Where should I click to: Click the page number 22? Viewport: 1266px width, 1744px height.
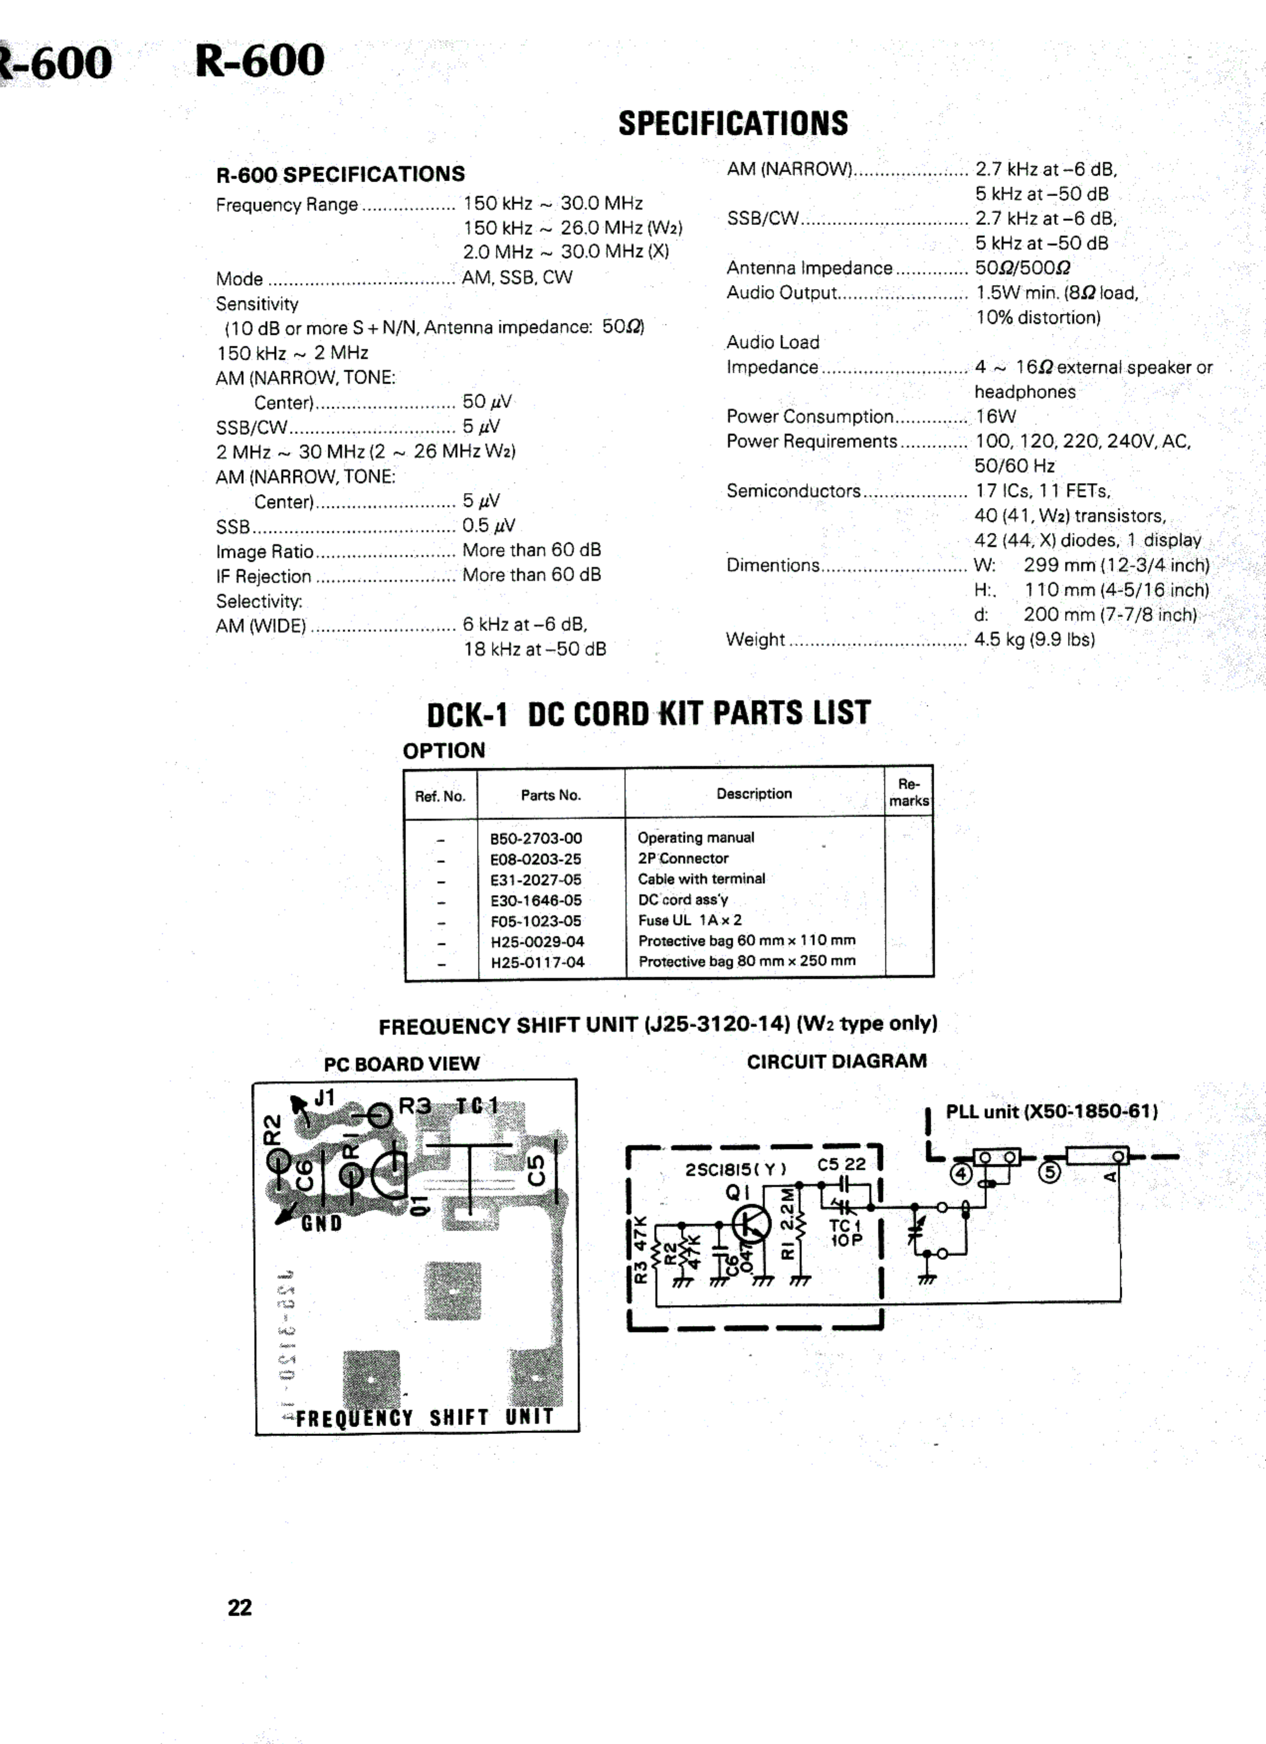(x=239, y=1608)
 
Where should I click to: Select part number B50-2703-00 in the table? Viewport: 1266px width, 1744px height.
(x=536, y=838)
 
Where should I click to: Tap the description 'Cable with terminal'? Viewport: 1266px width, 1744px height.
(x=701, y=879)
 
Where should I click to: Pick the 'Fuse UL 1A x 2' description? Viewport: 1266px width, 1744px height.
(x=690, y=920)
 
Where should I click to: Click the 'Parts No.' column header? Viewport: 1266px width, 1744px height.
(x=550, y=795)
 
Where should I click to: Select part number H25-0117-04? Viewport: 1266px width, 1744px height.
(x=538, y=962)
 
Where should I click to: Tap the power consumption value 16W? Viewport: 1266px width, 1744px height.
(x=995, y=417)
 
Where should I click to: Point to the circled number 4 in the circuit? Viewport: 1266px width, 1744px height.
(x=961, y=1174)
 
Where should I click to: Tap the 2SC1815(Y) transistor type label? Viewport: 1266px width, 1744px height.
(x=735, y=1169)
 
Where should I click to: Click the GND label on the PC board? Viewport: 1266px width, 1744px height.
(x=321, y=1223)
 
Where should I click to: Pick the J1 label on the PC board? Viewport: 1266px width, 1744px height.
(x=324, y=1098)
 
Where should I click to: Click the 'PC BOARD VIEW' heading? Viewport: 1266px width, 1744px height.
(x=401, y=1064)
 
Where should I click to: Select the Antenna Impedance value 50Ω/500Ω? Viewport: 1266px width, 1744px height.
(x=1022, y=269)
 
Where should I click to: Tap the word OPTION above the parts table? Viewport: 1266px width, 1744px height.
(x=444, y=751)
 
